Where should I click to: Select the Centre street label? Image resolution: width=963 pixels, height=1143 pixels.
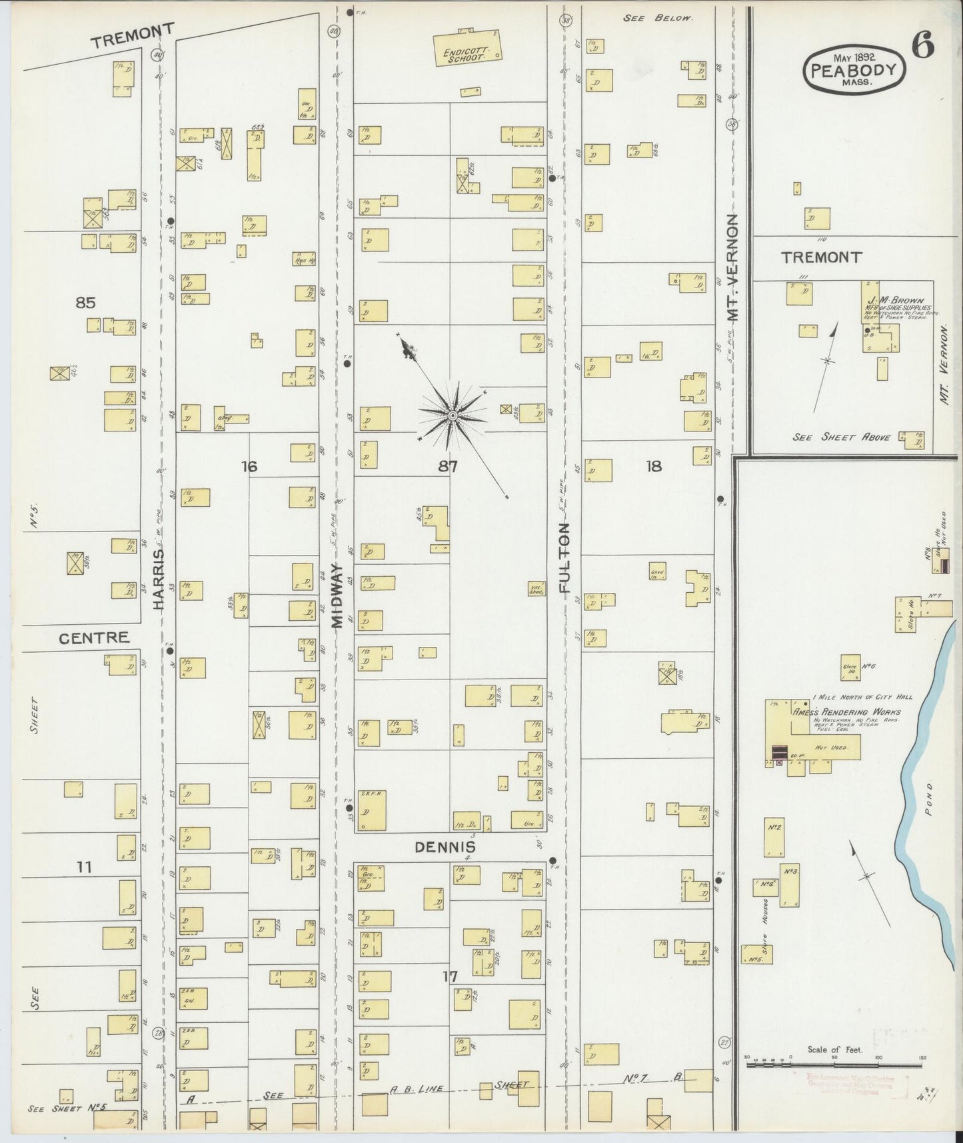click(x=93, y=638)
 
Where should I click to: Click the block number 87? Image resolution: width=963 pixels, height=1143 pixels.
click(x=448, y=467)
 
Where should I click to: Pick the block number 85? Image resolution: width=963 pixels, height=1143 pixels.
click(x=85, y=303)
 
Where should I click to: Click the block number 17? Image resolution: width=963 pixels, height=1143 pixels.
click(x=451, y=976)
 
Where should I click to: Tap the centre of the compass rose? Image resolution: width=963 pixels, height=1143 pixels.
click(x=453, y=415)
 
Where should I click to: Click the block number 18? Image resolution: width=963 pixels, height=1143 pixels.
click(x=654, y=466)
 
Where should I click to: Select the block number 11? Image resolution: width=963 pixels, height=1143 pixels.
click(x=84, y=867)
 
